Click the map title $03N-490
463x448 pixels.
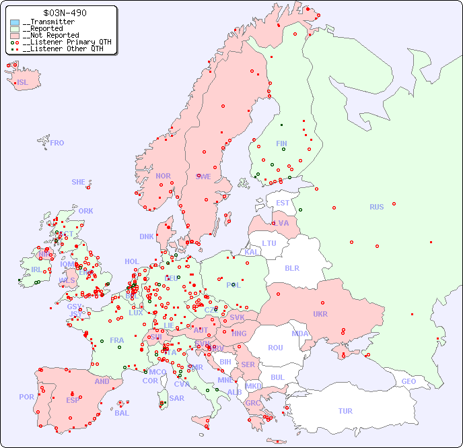tap(64, 13)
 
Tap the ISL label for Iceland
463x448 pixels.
tap(23, 83)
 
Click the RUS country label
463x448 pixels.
tap(376, 207)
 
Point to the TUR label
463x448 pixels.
tap(345, 411)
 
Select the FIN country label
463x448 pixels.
tap(281, 143)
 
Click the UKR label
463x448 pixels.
tap(320, 314)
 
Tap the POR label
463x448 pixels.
tap(26, 397)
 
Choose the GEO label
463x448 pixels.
tap(408, 381)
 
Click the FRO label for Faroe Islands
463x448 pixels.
tap(57, 143)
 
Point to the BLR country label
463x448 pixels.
tap(291, 267)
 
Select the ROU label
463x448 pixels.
tap(275, 348)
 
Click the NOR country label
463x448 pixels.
tap(163, 176)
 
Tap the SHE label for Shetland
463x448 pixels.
tap(79, 182)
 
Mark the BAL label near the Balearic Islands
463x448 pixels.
tap(121, 413)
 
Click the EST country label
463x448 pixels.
tap(283, 203)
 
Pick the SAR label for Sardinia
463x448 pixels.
tap(176, 398)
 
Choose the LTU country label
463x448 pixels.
tap(269, 243)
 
